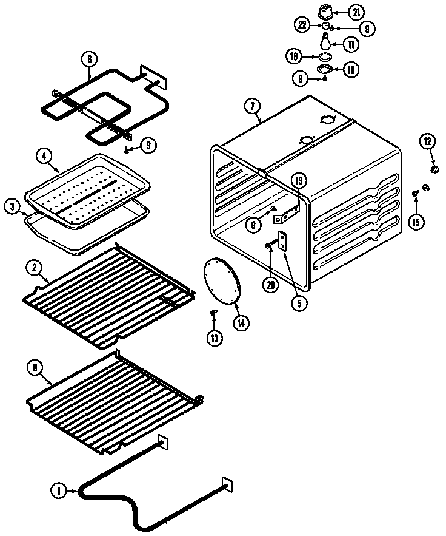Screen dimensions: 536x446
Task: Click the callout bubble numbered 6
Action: coord(89,59)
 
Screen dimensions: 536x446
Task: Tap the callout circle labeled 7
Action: coord(250,104)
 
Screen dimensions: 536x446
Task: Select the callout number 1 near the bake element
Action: coord(59,491)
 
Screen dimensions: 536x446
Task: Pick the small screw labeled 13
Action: coord(213,312)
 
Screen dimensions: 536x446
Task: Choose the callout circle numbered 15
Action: coord(416,222)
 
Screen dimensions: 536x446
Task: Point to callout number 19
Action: coord(298,180)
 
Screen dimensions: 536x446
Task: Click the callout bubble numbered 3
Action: coord(12,206)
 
